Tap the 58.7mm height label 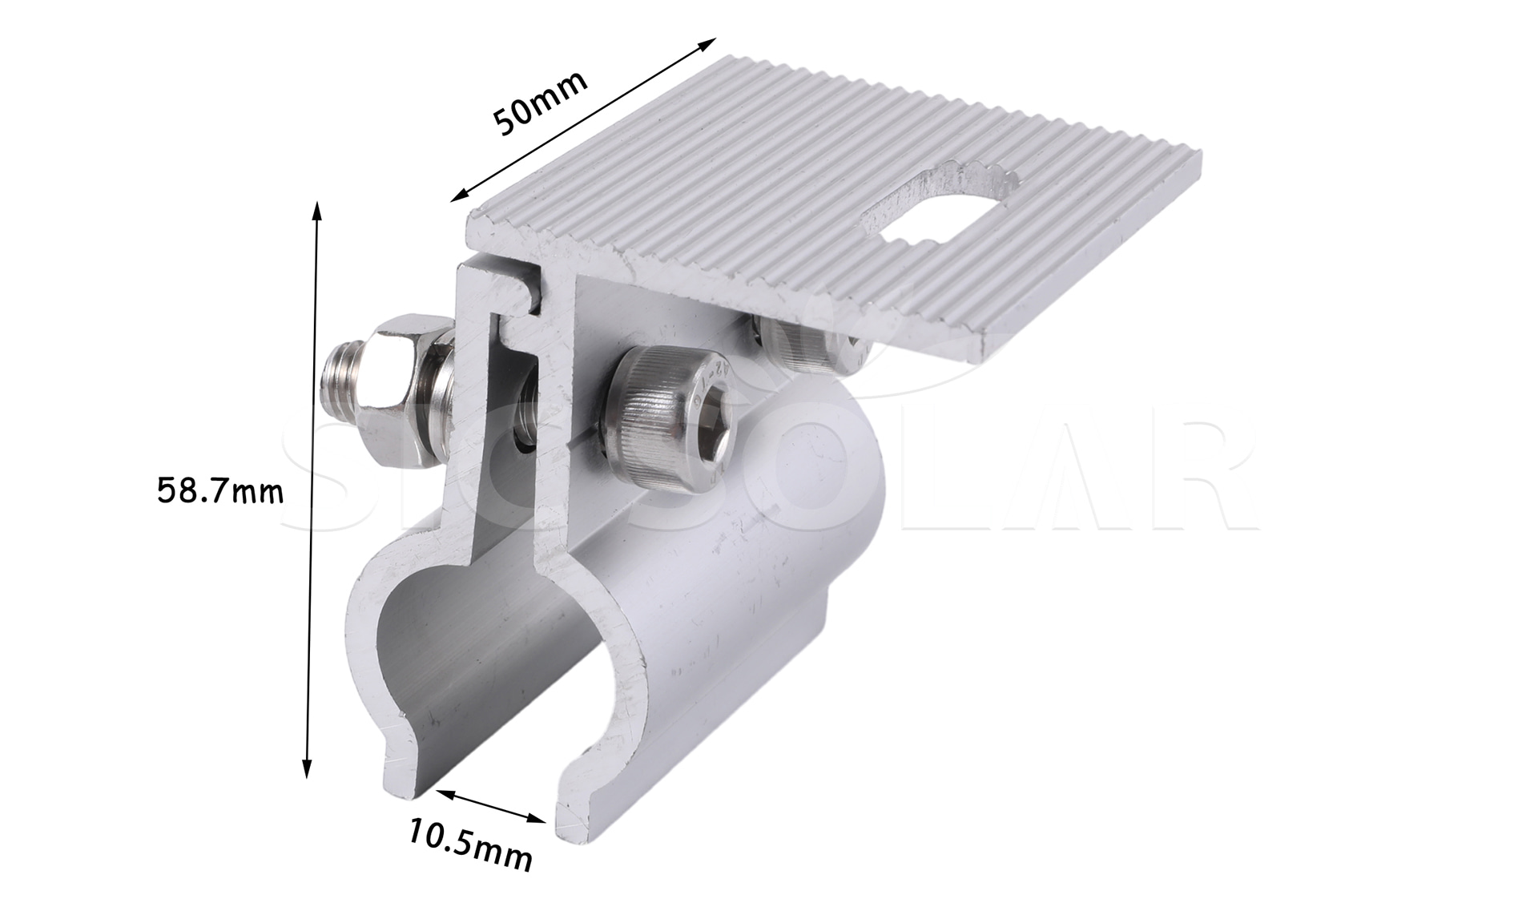pyautogui.click(x=220, y=490)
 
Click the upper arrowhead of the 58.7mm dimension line pyautogui.click(x=317, y=211)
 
